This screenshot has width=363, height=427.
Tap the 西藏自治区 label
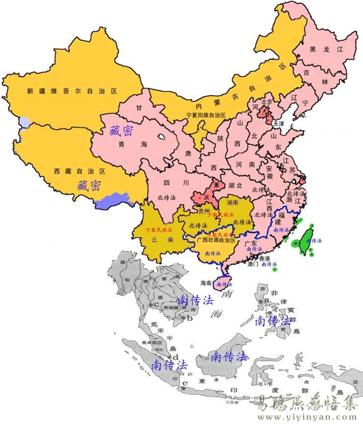(x=79, y=171)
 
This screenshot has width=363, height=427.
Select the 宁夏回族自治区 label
(x=206, y=115)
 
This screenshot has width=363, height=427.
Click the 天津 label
(x=278, y=124)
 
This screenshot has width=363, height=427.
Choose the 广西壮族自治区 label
(x=216, y=240)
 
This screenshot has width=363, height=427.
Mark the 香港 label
(x=264, y=258)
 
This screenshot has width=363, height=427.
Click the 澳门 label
(x=253, y=264)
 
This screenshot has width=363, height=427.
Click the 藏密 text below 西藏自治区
(x=89, y=185)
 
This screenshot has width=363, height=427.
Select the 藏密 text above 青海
(x=121, y=130)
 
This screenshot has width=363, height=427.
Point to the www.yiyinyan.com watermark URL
(x=308, y=418)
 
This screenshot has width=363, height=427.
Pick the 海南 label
(x=206, y=283)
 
